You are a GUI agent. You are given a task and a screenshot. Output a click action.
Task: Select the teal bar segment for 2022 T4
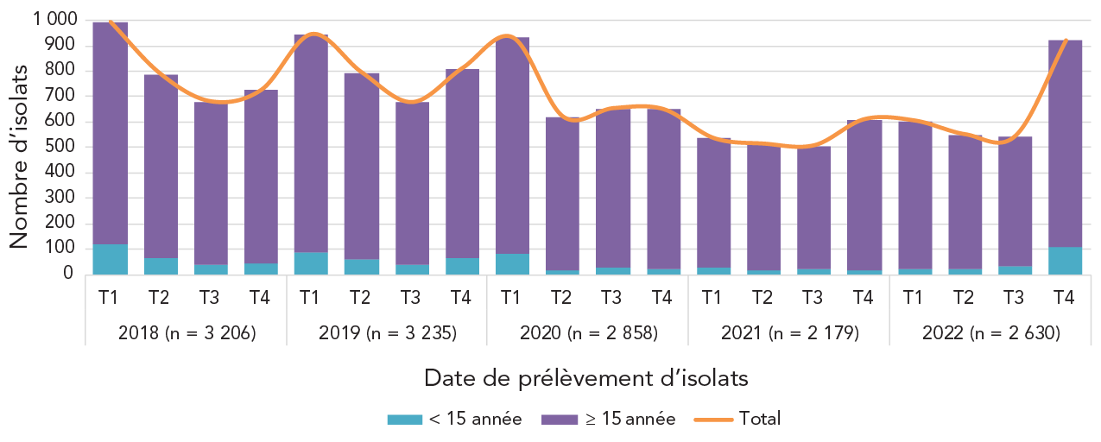(x=1065, y=261)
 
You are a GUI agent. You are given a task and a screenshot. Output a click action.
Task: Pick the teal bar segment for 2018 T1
(x=110, y=260)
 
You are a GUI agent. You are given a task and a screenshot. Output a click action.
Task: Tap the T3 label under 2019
(x=412, y=298)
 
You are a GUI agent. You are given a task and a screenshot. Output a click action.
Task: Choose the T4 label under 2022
(x=1065, y=298)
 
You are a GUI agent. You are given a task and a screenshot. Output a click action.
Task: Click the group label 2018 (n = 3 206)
(x=185, y=331)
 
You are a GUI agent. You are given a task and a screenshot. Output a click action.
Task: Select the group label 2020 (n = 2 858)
(x=588, y=331)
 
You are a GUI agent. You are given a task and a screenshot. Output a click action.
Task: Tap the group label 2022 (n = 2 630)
(x=990, y=331)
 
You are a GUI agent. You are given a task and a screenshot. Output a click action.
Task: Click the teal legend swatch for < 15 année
(x=404, y=420)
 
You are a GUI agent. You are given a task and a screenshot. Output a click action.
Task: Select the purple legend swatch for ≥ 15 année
(x=559, y=420)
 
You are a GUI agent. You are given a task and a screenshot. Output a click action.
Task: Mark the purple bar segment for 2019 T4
(x=462, y=164)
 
